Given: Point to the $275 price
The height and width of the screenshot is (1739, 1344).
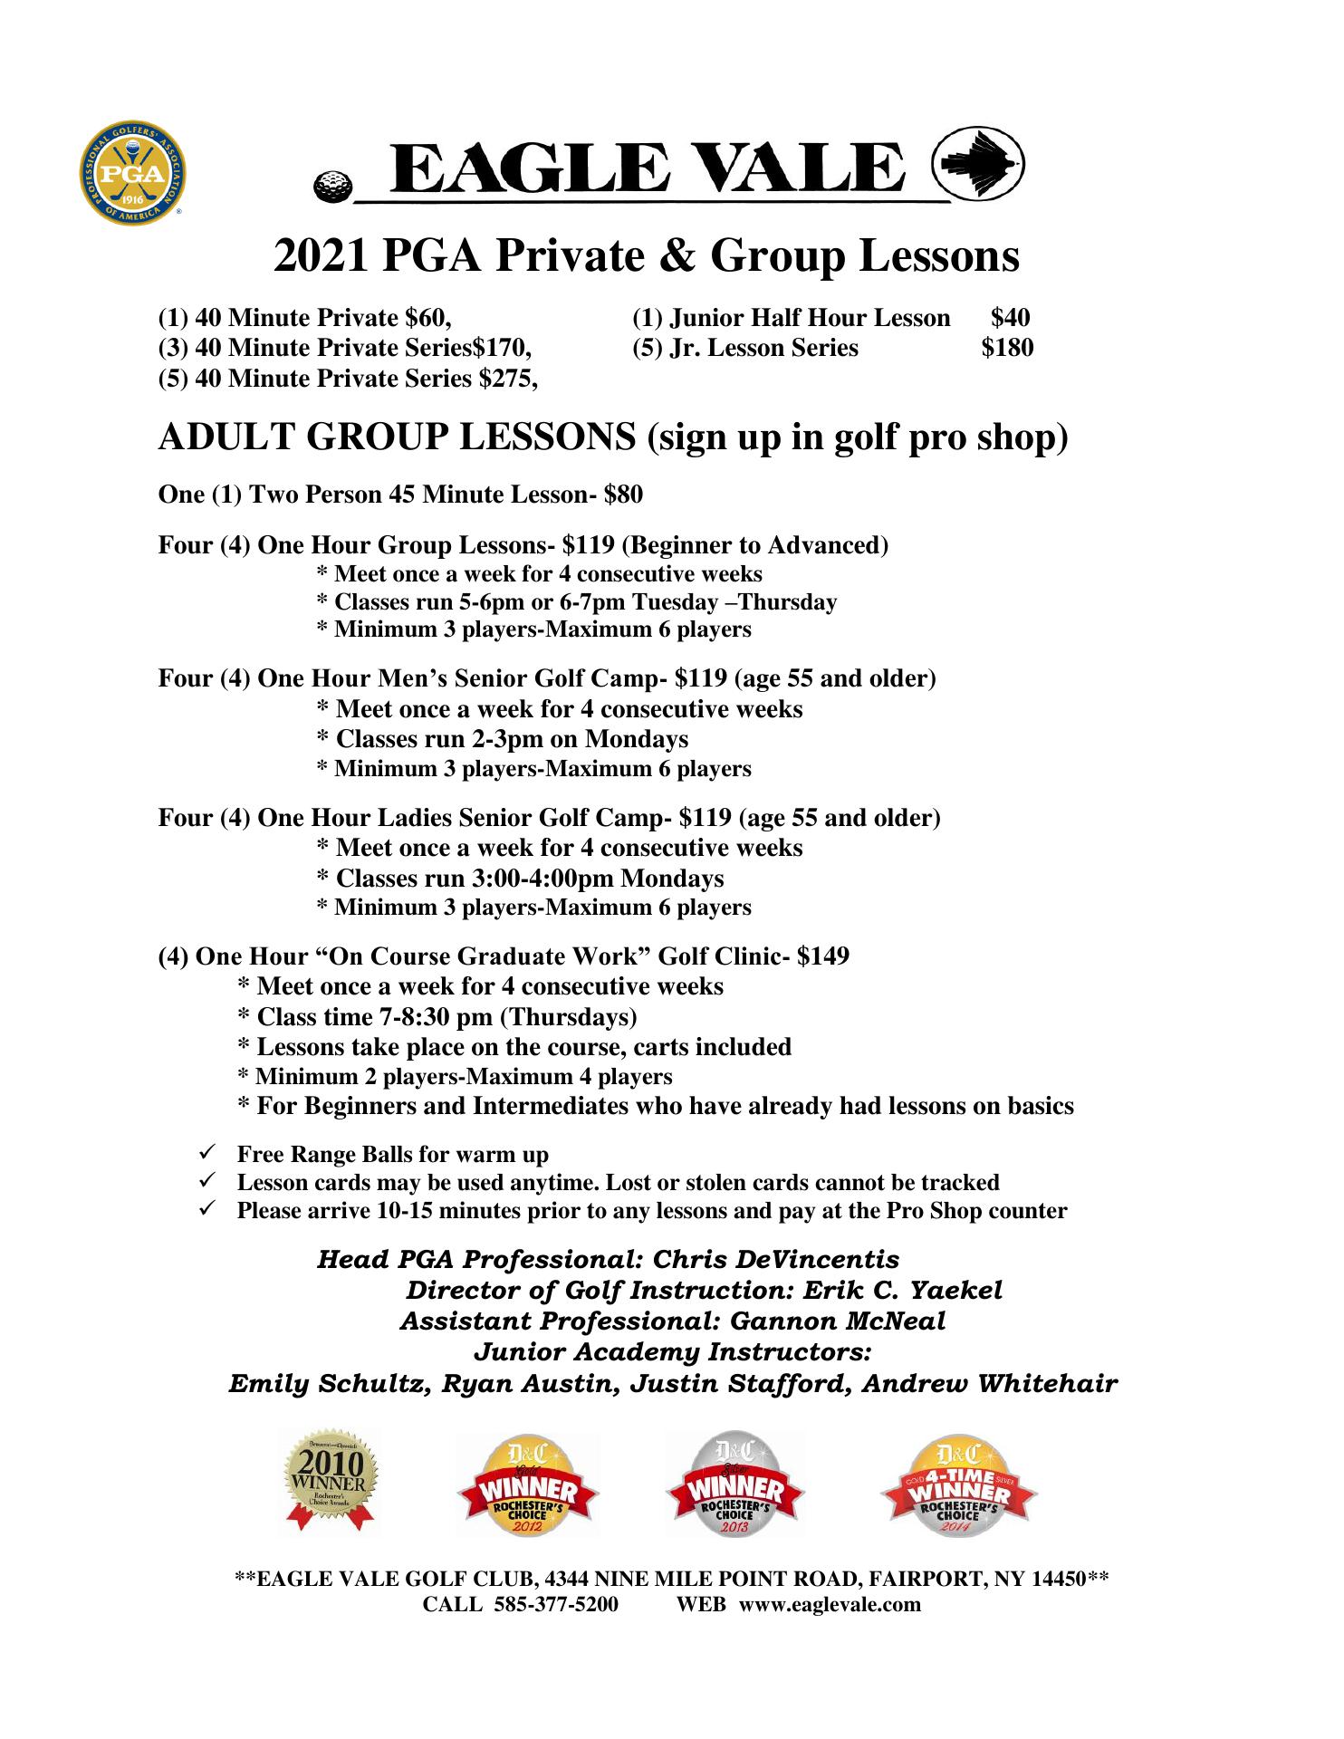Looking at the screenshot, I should coord(507,378).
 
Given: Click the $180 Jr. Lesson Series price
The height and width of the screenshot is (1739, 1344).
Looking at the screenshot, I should coord(1007,348).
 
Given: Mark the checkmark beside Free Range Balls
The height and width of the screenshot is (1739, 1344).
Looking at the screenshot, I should coord(206,1154).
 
